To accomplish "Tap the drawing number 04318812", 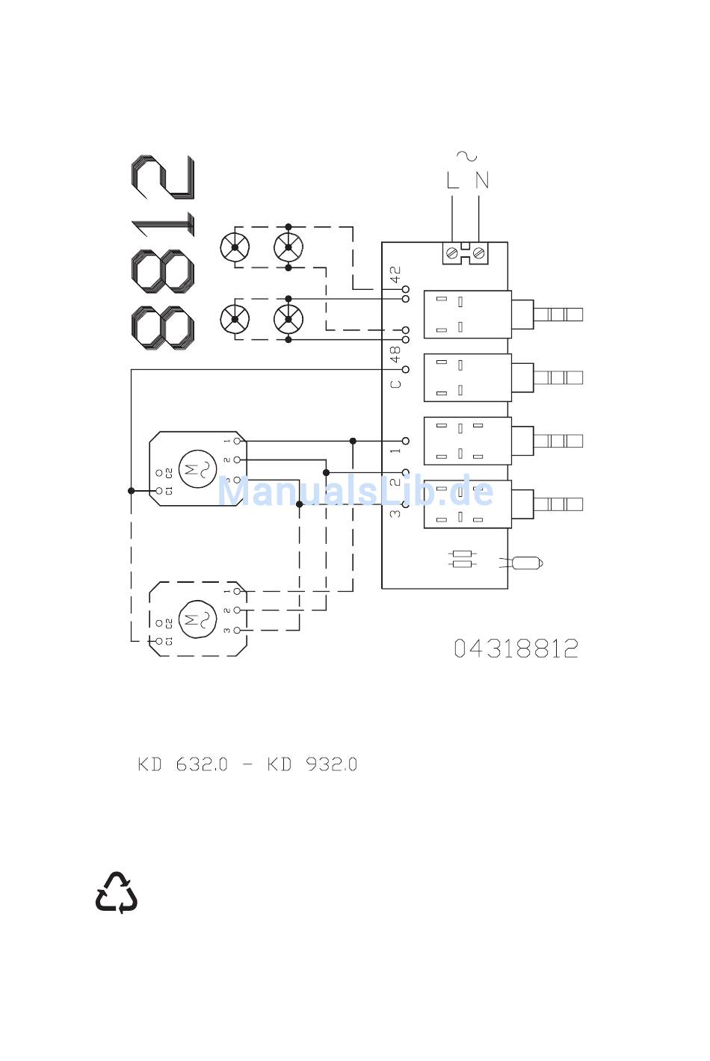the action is point(516,649).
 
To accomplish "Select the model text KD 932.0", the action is point(312,764).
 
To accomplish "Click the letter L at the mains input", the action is point(452,180).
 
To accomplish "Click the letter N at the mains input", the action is point(482,180).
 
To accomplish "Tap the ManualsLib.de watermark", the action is point(355,492).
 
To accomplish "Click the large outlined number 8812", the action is point(163,254).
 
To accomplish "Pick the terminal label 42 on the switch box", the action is point(395,274).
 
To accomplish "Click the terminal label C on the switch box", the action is point(395,384).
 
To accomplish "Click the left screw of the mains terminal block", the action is point(451,254).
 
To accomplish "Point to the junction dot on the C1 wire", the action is point(132,491).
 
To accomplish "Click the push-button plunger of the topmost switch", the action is point(557,313).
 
